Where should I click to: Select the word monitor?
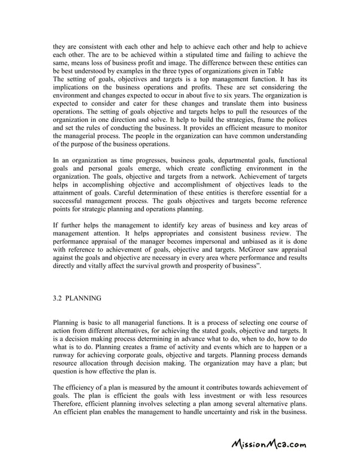tap(295, 129)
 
